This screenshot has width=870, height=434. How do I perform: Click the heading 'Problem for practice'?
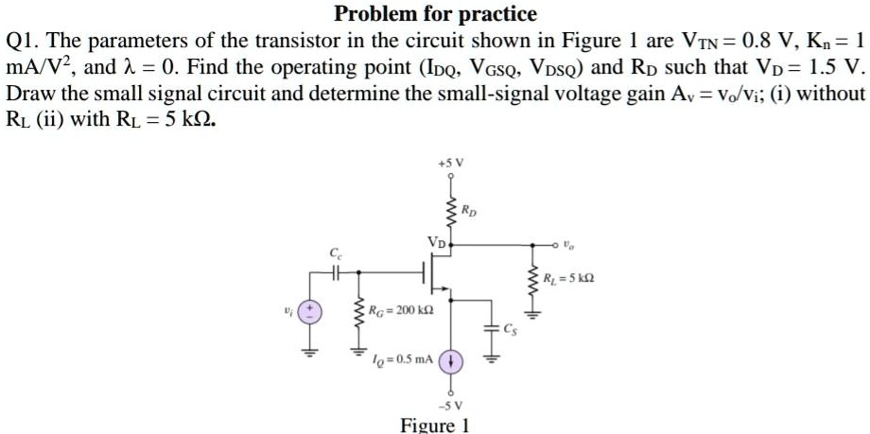tap(435, 14)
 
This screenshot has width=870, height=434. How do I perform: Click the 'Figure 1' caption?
tap(435, 425)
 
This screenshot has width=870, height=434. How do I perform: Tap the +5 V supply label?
tap(449, 164)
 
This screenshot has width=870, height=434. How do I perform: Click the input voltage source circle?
tap(307, 311)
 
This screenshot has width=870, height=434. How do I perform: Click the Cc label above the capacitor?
tap(335, 254)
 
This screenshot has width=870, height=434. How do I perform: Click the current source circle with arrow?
tap(451, 361)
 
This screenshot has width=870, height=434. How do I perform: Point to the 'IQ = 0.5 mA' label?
tap(405, 359)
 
